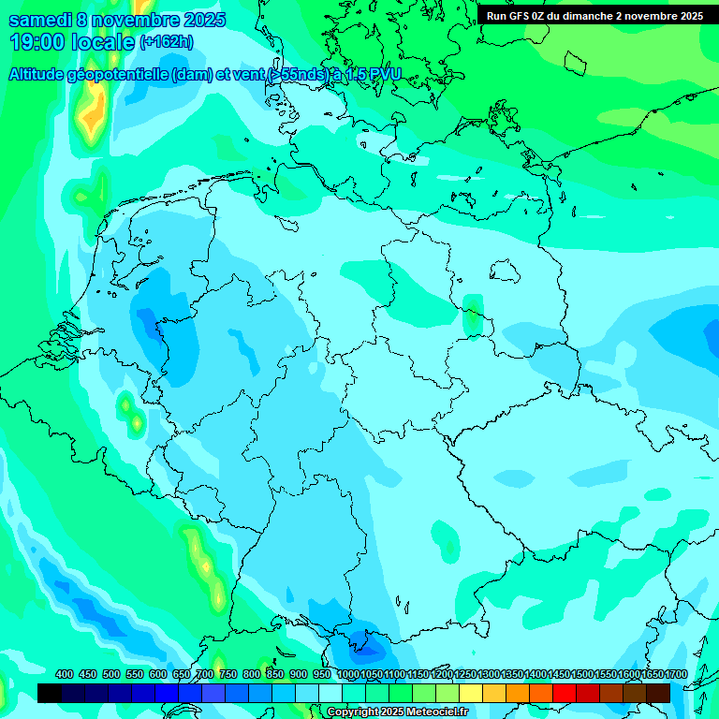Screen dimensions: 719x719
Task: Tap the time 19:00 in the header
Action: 37,42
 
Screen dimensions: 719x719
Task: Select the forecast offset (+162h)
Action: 167,43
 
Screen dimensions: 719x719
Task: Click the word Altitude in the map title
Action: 41,74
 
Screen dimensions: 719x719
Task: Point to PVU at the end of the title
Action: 384,74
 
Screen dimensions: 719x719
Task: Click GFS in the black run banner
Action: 521,15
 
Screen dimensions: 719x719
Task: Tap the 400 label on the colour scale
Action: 65,675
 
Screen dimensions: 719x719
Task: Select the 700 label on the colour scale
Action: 205,675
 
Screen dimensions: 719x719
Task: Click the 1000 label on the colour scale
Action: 348,675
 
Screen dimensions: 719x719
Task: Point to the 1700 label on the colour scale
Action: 675,675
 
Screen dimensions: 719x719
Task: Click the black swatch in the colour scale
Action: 50,693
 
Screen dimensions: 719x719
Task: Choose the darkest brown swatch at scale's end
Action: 658,693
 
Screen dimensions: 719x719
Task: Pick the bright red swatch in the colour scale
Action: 565,693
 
